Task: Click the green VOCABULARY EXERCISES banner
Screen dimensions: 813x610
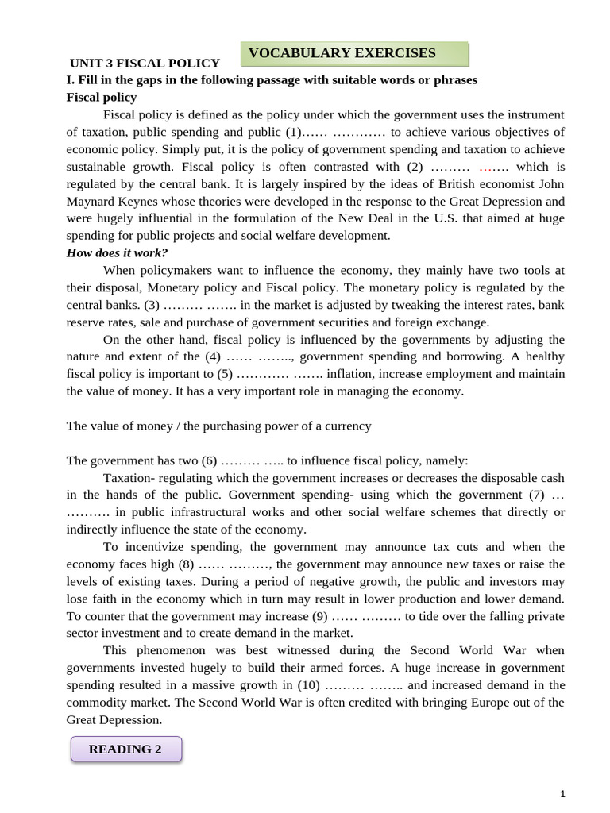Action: (x=354, y=54)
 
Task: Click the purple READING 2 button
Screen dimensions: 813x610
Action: (x=125, y=749)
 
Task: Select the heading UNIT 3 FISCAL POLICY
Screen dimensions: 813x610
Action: (x=145, y=63)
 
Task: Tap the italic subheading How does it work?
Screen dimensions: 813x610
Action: (x=117, y=252)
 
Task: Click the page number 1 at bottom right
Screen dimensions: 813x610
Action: (x=562, y=794)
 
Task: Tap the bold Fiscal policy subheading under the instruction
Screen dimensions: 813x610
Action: (x=102, y=97)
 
